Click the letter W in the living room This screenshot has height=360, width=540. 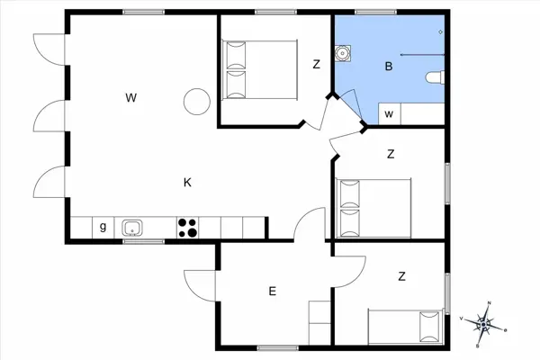point(131,96)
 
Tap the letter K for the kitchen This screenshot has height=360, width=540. point(187,183)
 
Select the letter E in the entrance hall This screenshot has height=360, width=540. point(271,291)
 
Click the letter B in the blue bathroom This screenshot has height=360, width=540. point(389,66)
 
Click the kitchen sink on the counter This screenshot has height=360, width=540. point(133,228)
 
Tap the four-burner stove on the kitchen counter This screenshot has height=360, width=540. point(188,228)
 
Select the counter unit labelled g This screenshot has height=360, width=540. point(103,228)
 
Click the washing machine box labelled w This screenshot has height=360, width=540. point(390,114)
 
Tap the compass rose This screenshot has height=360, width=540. point(485,322)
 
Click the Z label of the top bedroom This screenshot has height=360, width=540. point(316,64)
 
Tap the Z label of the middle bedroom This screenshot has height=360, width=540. point(391,154)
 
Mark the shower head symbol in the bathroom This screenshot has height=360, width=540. point(440,32)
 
